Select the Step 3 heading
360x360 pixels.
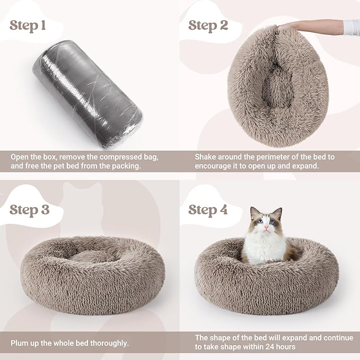pyautogui.click(x=30, y=209)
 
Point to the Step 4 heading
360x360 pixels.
pyautogui.click(x=208, y=209)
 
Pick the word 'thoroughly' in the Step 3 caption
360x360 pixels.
pyautogui.click(x=110, y=343)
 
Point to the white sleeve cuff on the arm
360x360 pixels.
pyautogui.click(x=352, y=27)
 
